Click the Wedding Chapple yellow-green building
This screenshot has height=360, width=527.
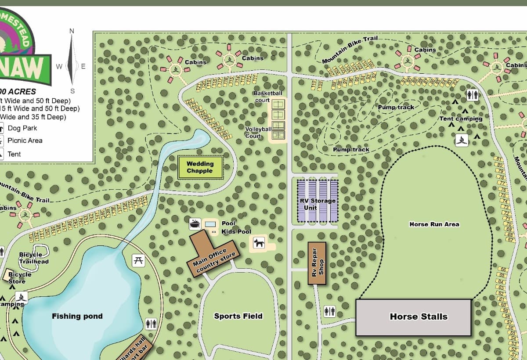pyautogui.click(x=200, y=168)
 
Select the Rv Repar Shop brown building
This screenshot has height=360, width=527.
pyautogui.click(x=317, y=263)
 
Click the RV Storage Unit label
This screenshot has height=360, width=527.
pyautogui.click(x=317, y=204)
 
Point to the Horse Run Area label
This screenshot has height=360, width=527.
pyautogui.click(x=434, y=224)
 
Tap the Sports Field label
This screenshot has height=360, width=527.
pyautogui.click(x=238, y=316)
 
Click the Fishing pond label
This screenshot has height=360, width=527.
pyautogui.click(x=77, y=316)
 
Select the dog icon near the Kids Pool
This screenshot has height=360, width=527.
pyautogui.click(x=259, y=242)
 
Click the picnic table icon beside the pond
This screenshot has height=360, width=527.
pyautogui.click(x=138, y=260)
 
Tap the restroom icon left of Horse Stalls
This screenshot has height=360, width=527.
pyautogui.click(x=329, y=311)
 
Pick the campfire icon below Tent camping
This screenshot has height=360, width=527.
pyautogui.click(x=461, y=140)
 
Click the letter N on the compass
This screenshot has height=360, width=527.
pyautogui.click(x=72, y=31)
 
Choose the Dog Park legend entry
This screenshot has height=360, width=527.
pyautogui.click(x=22, y=128)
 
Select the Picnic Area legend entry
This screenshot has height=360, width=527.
pyautogui.click(x=25, y=140)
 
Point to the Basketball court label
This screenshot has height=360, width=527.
pyautogui.click(x=268, y=97)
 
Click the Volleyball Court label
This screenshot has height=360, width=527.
pyautogui.click(x=259, y=132)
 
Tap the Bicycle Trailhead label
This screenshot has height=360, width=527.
pyautogui.click(x=34, y=258)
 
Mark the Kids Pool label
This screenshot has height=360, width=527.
pyautogui.click(x=236, y=231)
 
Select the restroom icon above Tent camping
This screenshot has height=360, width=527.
pyautogui.click(x=472, y=95)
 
